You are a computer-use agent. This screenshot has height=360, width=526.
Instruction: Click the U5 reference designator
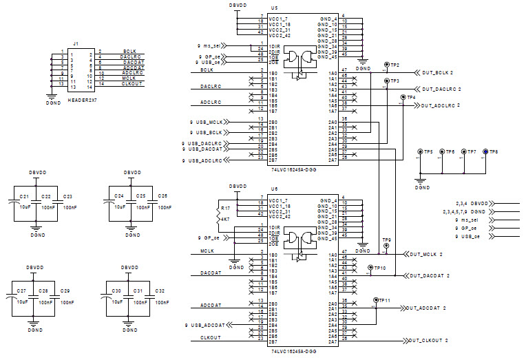pyautogui.click(x=274, y=12)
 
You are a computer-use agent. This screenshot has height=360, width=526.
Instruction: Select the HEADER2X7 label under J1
pyautogui.click(x=83, y=100)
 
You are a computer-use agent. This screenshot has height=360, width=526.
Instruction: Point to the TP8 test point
pyautogui.click(x=485, y=151)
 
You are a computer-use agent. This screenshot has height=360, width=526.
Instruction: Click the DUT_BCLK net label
pyautogui.click(x=436, y=72)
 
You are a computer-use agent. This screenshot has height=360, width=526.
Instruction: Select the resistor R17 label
pyautogui.click(x=226, y=207)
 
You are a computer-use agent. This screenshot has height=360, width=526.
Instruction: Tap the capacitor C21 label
pyautogui.click(x=23, y=196)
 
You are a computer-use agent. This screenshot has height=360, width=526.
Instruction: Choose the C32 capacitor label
pyautogui.click(x=160, y=291)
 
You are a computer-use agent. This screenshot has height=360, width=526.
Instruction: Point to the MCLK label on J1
pyautogui.click(x=129, y=78)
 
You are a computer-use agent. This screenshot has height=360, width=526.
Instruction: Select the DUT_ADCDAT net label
pyautogui.click(x=427, y=308)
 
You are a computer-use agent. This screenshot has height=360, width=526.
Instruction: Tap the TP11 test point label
pyautogui.click(x=383, y=300)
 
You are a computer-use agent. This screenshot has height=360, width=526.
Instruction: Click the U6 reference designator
pyautogui.click(x=274, y=188)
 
